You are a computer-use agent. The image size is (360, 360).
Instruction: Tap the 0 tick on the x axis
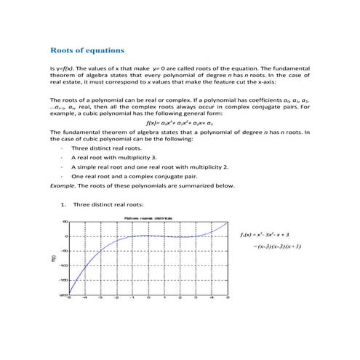148,298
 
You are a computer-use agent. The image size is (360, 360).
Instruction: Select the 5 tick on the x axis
228,298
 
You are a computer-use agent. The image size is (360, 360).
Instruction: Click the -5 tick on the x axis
69,298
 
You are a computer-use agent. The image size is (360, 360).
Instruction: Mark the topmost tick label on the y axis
65,222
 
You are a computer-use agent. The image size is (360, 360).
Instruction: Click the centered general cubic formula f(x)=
180,123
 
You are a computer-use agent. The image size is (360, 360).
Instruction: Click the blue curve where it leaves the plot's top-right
227,223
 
